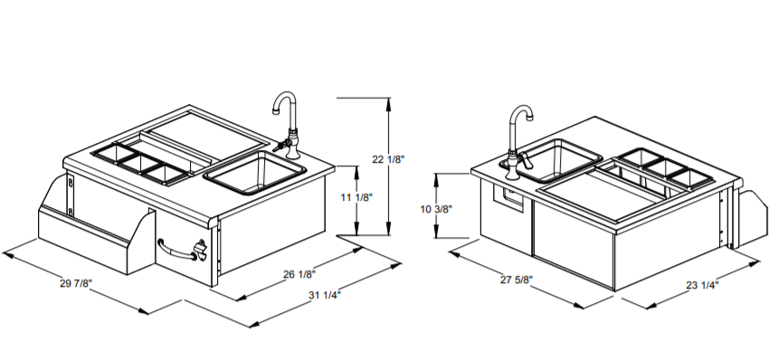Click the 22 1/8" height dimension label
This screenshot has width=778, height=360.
(388, 159)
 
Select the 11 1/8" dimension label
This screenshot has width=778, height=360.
(356, 197)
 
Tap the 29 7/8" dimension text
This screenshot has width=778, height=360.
(76, 283)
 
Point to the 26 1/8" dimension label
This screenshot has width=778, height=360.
(299, 274)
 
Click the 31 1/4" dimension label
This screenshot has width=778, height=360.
(325, 296)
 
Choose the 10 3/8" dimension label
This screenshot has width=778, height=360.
(437, 209)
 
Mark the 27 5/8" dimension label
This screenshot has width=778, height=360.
(516, 279)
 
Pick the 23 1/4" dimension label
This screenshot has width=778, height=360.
(702, 285)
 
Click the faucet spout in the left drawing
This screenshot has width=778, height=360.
(284, 101)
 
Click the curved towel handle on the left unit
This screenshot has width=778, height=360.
(177, 251)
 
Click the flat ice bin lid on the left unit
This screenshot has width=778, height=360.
(206, 130)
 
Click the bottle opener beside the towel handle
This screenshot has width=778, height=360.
(201, 249)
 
